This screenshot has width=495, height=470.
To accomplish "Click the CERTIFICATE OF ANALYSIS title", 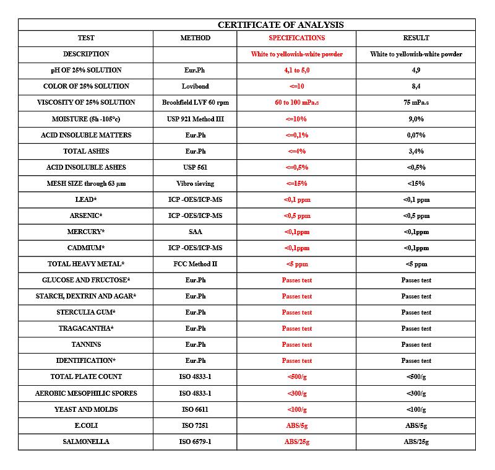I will (280, 25).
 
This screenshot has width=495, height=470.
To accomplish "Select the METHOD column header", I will (195, 38).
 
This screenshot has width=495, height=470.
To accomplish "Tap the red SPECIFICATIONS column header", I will (296, 38).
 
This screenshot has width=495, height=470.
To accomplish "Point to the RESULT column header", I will (416, 38).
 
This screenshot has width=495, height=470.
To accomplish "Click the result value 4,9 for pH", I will (416, 70).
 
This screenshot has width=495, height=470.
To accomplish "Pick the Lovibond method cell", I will (195, 86).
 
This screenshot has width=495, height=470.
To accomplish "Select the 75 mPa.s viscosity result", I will (416, 102).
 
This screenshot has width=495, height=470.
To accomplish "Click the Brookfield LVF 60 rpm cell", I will (195, 102).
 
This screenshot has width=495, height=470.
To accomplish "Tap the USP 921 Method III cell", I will (195, 119).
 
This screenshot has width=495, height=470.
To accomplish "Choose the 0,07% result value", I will (416, 135).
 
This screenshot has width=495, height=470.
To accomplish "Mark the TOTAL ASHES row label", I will (86, 151).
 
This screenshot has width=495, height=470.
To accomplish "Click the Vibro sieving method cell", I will (195, 183).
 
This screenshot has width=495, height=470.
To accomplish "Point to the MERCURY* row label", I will (86, 232).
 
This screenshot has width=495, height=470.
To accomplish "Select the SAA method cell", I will (195, 232).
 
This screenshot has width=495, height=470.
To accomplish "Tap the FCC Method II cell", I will (195, 264).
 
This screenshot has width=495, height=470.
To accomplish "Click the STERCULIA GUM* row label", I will (86, 312).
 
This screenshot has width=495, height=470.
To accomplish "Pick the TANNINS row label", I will (86, 344).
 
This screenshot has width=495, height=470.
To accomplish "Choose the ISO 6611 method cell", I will (195, 409).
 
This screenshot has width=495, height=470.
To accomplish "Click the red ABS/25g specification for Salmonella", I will (296, 442).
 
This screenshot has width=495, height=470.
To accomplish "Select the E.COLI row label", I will (86, 425).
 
